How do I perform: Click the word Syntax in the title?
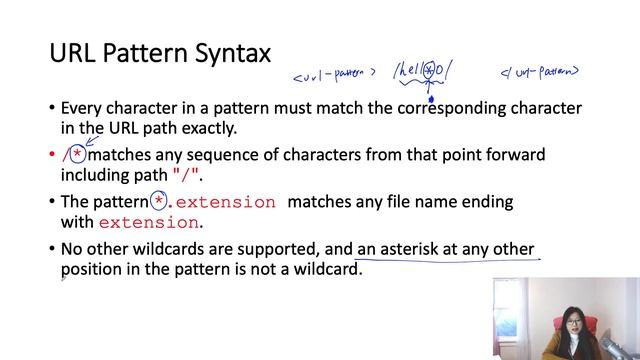coord(226,53)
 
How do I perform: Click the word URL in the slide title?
coord(73,52)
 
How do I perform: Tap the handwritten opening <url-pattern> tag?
coord(334,76)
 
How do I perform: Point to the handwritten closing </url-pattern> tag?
coord(541,72)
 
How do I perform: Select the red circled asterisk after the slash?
coord(77,155)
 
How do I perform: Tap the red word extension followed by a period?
coord(149,223)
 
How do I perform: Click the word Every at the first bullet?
coord(83,107)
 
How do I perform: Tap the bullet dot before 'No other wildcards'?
coord(52,249)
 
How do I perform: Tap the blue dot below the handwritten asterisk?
coord(431,98)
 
